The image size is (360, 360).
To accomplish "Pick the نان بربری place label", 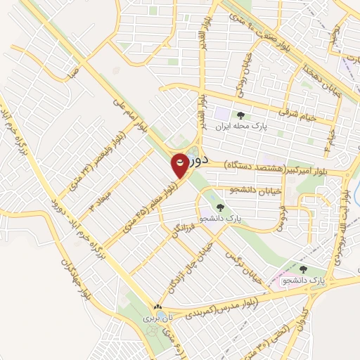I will coord(153,318).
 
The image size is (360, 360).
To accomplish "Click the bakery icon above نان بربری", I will coord(157,307).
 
